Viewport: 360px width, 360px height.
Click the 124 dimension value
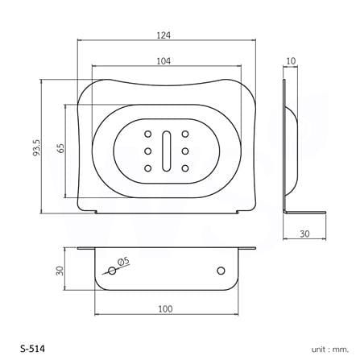[x=163, y=35]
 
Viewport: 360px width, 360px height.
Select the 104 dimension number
[x=163, y=61]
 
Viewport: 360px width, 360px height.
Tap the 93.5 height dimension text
[x=36, y=148]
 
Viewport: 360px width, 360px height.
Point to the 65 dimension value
[x=61, y=148]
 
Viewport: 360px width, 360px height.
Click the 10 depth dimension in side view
[x=291, y=61]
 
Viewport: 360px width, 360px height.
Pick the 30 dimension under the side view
[x=304, y=234]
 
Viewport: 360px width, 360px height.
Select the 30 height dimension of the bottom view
[x=60, y=271]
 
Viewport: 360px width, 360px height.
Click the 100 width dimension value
[x=165, y=309]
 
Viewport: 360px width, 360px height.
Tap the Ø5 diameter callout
[x=123, y=262]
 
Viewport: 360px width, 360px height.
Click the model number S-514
[x=32, y=349]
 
